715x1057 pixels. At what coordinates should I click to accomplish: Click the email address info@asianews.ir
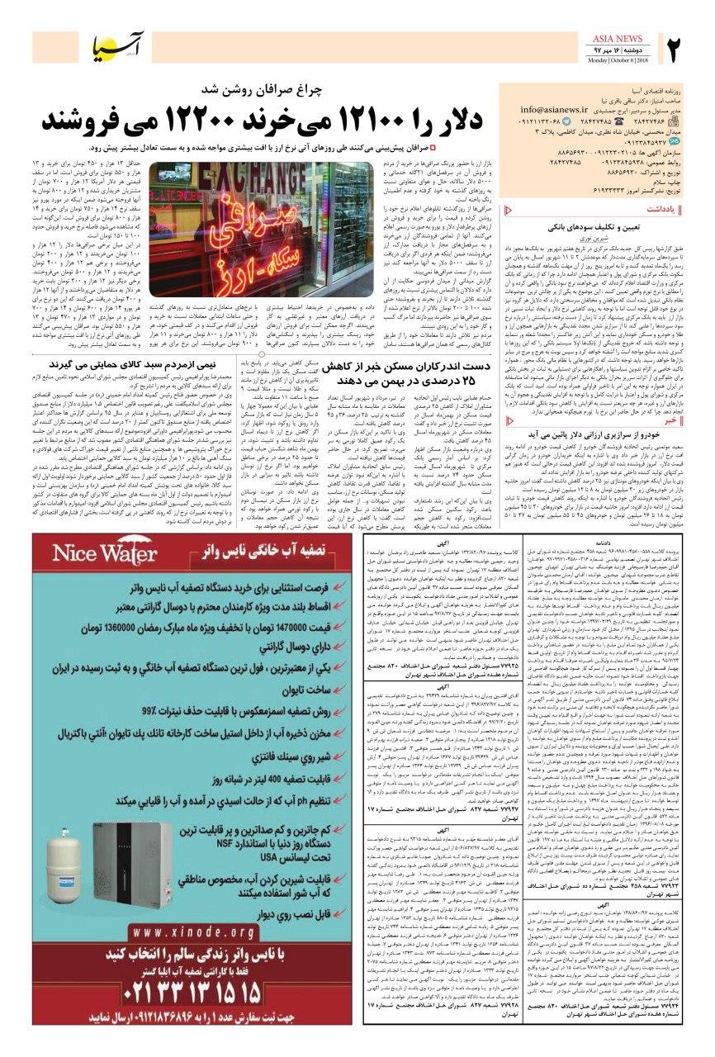point(558,109)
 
